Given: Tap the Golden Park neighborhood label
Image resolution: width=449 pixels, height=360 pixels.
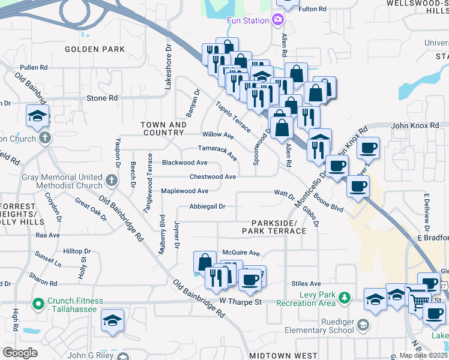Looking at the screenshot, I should [94, 49].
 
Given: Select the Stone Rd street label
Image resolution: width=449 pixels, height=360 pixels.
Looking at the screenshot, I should [102, 98].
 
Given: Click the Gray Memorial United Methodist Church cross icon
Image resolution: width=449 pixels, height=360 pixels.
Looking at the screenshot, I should [110, 179].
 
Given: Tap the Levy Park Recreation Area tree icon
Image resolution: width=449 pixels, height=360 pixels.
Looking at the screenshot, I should [344, 297].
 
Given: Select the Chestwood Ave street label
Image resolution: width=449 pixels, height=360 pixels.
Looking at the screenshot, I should [212, 177].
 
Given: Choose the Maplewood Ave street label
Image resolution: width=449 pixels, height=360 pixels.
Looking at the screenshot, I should [184, 191].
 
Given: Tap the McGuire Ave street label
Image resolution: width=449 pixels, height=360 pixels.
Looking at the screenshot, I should [240, 253].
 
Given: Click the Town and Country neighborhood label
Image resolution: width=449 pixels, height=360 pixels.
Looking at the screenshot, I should [163, 128].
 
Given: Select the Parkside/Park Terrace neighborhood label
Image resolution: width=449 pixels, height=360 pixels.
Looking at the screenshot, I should [274, 226].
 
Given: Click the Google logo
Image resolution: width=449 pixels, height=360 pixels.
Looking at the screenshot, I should [20, 353].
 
